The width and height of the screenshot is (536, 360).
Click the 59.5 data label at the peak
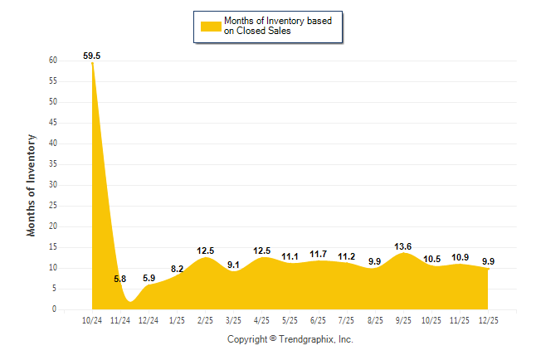(92, 56)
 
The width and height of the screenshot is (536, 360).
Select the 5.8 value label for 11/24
(120, 279)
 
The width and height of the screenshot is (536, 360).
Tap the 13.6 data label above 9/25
(404, 246)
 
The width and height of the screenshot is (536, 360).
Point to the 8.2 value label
(177, 269)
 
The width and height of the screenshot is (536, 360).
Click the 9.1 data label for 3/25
(234, 265)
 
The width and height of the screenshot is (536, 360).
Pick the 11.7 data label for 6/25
(319, 254)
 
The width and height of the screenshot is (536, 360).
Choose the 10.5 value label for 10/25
(431, 259)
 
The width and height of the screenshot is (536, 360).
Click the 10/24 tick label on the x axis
(92, 319)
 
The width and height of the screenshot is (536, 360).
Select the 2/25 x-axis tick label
(206, 319)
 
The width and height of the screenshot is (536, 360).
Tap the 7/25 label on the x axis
(347, 319)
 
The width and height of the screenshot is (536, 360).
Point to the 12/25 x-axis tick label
(489, 319)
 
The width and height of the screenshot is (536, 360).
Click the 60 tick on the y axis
(52, 61)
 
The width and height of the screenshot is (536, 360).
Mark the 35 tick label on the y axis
(52, 164)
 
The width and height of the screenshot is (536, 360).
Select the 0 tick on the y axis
(54, 309)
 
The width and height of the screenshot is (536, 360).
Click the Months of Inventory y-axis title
(32, 185)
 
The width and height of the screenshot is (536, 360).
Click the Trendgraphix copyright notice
(290, 339)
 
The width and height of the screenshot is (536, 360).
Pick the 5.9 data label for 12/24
(149, 278)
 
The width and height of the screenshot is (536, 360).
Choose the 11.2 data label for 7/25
(347, 256)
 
